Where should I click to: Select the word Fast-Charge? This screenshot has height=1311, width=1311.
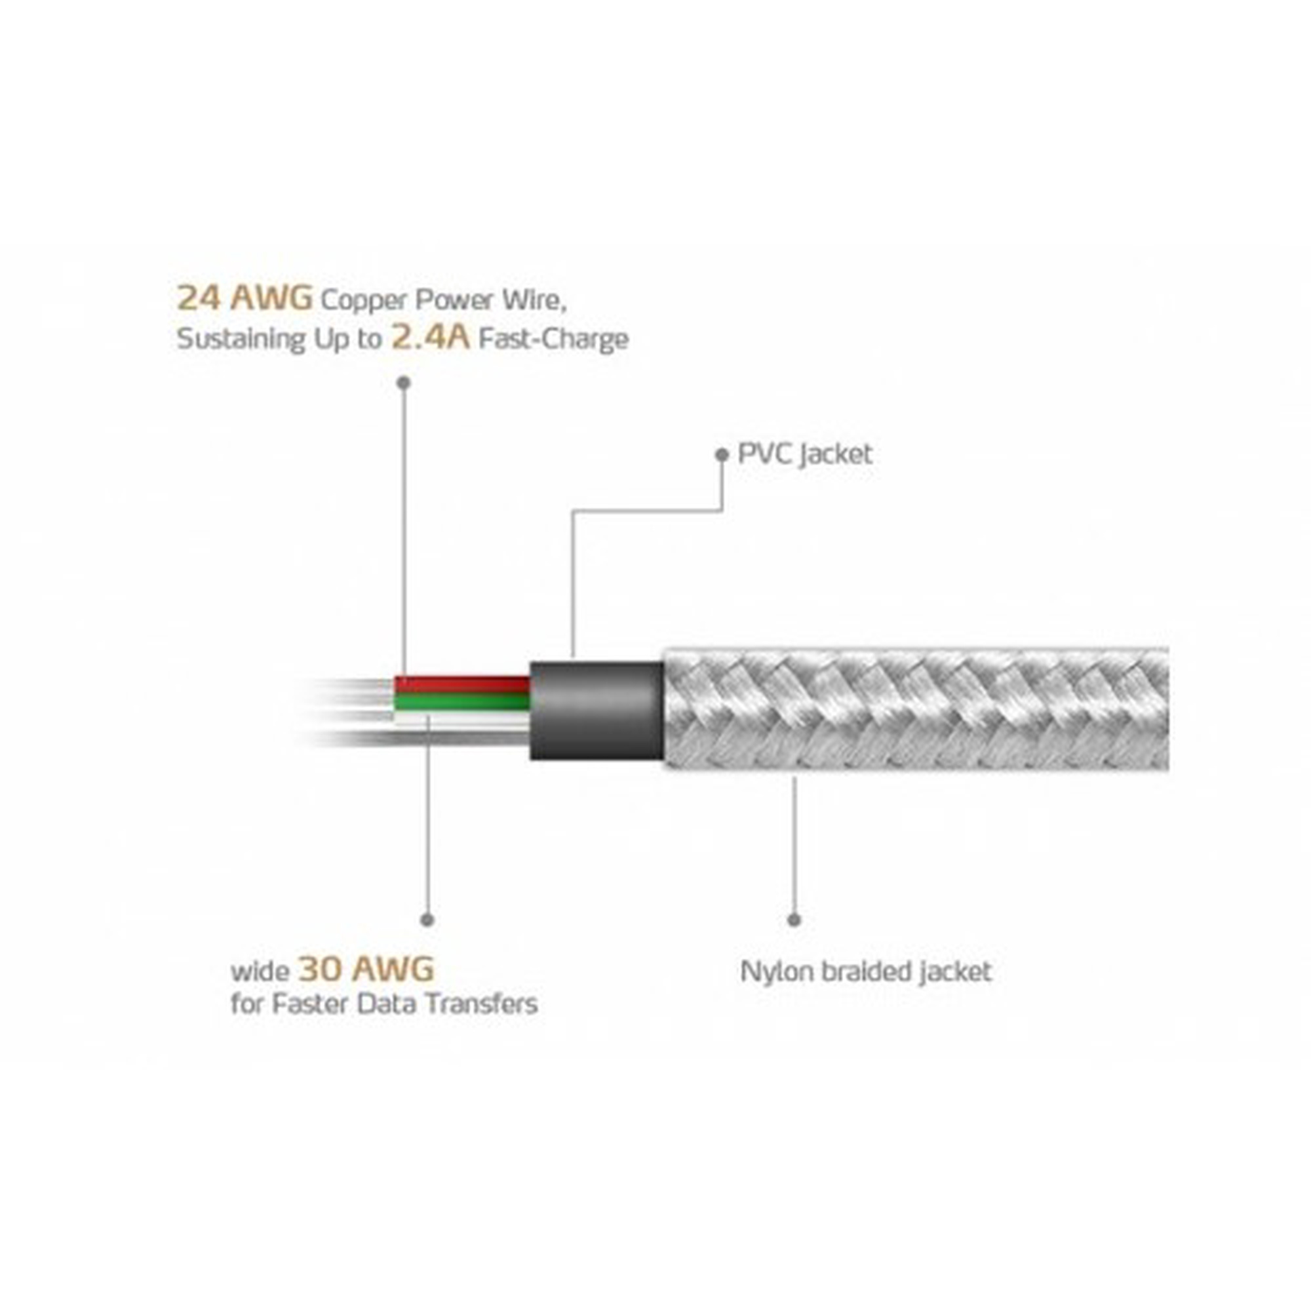(554, 339)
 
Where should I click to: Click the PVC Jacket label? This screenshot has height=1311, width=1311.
(805, 454)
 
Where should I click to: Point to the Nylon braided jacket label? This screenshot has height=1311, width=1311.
(866, 971)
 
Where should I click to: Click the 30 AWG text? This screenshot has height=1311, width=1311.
(366, 969)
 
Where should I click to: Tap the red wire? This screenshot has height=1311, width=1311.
(462, 683)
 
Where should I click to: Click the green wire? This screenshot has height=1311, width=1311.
(462, 700)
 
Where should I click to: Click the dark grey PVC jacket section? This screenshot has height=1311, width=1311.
(597, 711)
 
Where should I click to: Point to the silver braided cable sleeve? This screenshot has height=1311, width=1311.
(916, 709)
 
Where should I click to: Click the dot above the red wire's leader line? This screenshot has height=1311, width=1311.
(404, 383)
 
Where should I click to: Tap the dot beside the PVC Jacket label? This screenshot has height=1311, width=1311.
(722, 455)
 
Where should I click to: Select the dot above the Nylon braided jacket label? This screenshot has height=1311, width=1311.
(794, 920)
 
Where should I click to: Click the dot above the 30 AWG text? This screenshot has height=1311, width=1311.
(427, 920)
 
